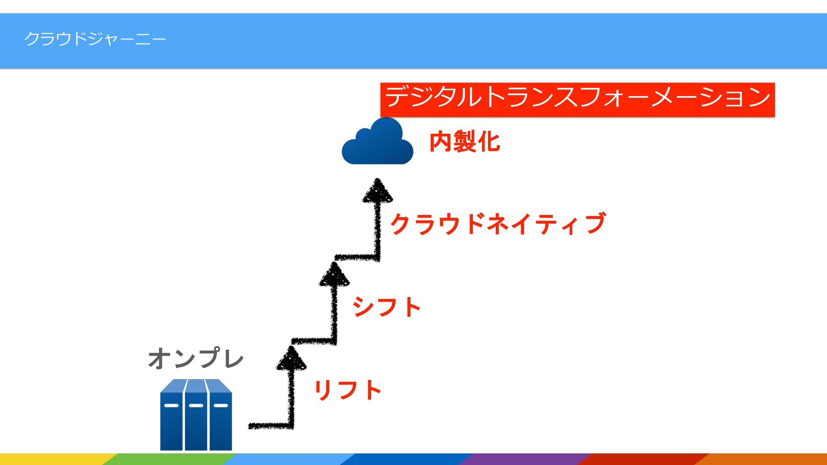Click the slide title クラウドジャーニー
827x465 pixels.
(x=95, y=39)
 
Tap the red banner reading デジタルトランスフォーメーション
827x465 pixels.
(x=577, y=99)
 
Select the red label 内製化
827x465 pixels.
(x=464, y=142)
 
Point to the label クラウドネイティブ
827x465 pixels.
(x=497, y=224)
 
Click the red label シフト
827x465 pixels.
(x=386, y=307)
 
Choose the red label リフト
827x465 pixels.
(x=348, y=390)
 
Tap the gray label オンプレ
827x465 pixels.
(x=196, y=359)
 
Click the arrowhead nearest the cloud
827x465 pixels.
(x=377, y=192)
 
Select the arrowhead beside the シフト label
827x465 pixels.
(x=334, y=276)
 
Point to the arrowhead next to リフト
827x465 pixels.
(x=291, y=360)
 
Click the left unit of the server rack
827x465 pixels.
(x=172, y=415)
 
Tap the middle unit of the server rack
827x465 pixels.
(x=196, y=415)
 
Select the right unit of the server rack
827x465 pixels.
(x=221, y=415)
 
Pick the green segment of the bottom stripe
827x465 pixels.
(x=172, y=459)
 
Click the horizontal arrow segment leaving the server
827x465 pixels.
(x=269, y=426)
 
